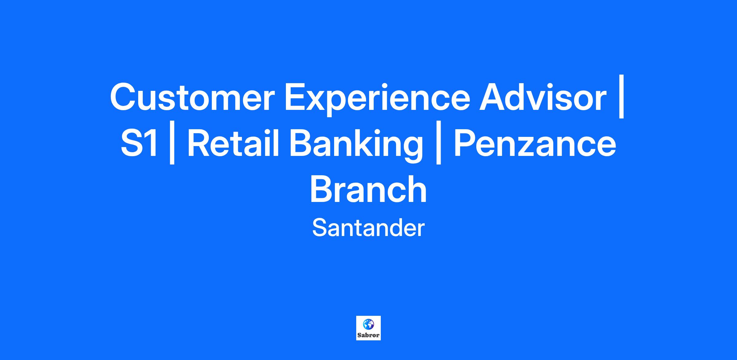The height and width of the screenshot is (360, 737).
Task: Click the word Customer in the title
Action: pos(192,97)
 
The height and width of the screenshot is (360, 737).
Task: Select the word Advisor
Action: pos(543,97)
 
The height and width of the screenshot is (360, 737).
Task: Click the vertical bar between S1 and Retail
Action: pos(172,142)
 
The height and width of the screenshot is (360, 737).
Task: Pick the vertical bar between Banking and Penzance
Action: pos(439,142)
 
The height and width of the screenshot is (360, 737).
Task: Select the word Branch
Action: pos(368,189)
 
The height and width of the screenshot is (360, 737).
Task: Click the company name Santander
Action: pos(368,228)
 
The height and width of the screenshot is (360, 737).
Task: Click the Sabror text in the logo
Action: pos(368,335)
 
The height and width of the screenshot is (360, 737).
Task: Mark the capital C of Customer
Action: pos(124,97)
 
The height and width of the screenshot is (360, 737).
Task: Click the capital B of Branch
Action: pos(322,189)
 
